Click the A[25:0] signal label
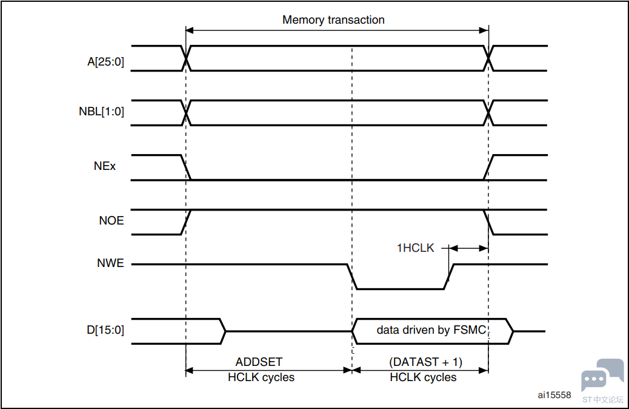coord(105,61)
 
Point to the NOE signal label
coord(111,220)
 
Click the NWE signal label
coord(111,263)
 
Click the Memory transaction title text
coord(333,20)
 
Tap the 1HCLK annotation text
coord(416,248)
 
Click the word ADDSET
coord(259,362)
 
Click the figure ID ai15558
coord(554,395)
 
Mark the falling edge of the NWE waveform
coord(351,277)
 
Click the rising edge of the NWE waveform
coord(450,277)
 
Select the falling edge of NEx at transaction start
coord(186,167)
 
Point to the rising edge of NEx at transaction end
coord(488,167)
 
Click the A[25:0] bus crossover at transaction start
coord(186,58)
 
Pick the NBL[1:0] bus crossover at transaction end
coord(488,112)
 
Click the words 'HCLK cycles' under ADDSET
coord(261,377)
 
